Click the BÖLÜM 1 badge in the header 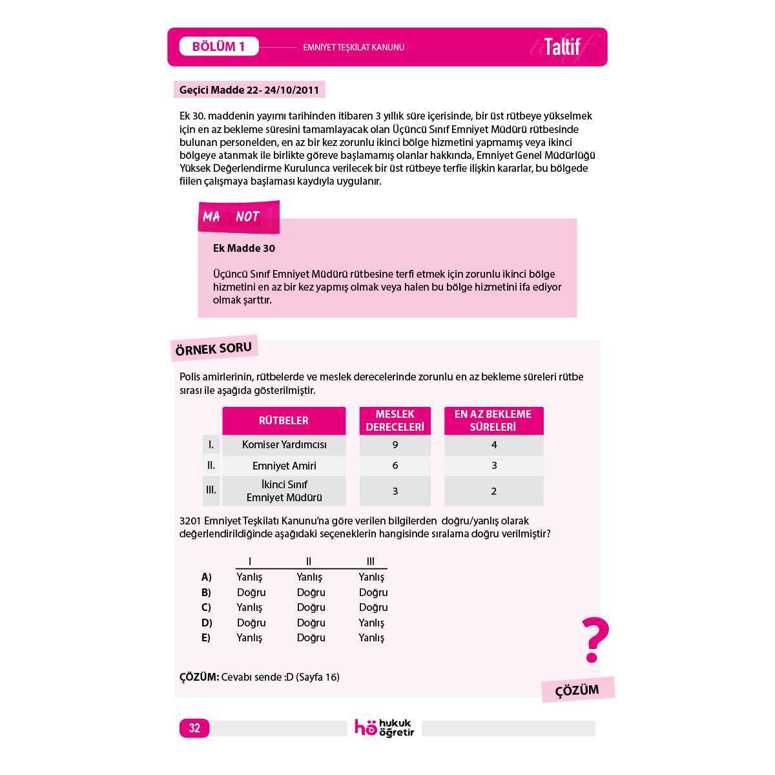tap(218, 46)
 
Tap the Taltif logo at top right tap(562, 47)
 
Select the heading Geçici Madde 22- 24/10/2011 tap(249, 90)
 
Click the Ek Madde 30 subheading tap(244, 248)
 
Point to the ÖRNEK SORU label tap(213, 349)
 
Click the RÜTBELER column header tap(284, 420)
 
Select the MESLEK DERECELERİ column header tap(395, 420)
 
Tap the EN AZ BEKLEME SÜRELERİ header tap(493, 420)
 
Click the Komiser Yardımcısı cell tap(284, 445)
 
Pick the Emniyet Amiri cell tap(284, 466)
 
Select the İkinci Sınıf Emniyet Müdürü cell tap(284, 491)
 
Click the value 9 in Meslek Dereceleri tap(395, 445)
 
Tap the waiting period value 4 tap(494, 445)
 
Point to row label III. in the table tap(211, 490)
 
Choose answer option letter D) tap(207, 623)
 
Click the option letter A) tap(207, 577)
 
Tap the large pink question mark tap(594, 639)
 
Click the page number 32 tap(194, 728)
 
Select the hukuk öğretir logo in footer tap(384, 728)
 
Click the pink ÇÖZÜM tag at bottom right tap(577, 690)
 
